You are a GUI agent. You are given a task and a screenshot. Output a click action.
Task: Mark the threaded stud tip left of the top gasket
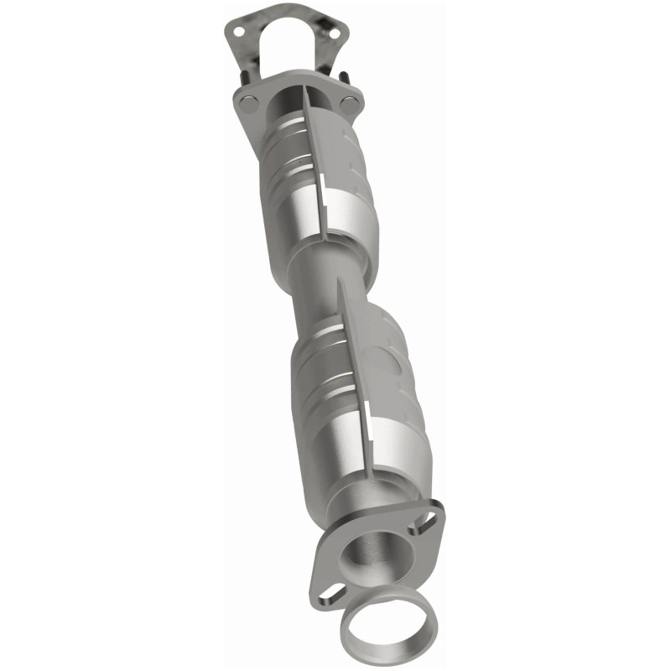[x=245, y=73]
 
